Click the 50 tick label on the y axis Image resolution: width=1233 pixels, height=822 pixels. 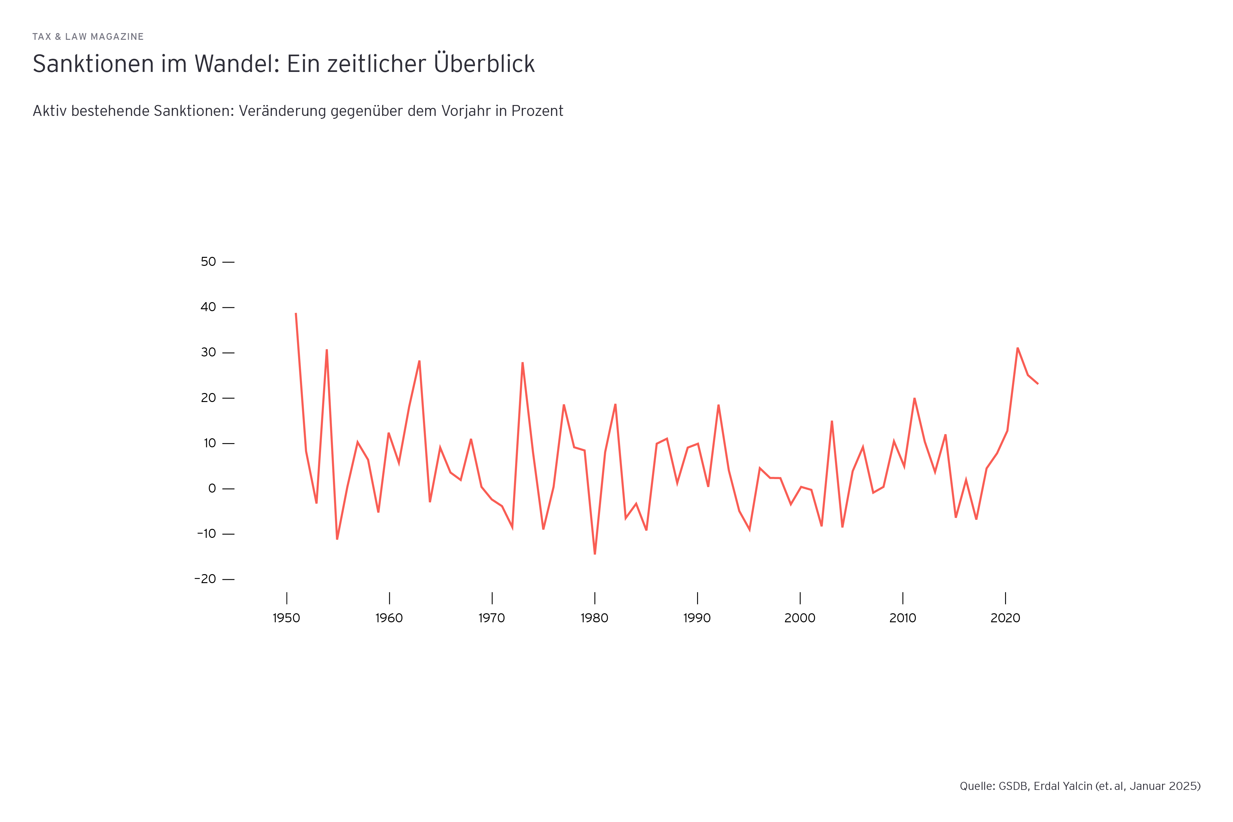coord(208,262)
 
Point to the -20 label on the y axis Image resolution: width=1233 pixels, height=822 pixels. coord(205,579)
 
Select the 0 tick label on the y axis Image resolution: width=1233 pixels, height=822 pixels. coord(212,489)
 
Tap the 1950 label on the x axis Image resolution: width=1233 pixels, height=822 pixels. coord(286,618)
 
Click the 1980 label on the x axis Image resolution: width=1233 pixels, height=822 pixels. coord(594,618)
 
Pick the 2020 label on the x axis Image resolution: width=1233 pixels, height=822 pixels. coord(1005,618)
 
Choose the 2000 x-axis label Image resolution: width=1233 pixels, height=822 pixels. coord(800,618)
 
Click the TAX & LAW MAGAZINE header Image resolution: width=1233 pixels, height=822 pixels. coord(88,37)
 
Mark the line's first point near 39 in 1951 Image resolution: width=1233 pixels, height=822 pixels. coord(296,313)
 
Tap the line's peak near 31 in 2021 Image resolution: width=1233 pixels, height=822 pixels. coord(1018,348)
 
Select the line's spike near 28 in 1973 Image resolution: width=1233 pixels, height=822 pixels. coord(523,363)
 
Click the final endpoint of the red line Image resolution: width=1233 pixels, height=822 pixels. coord(1037,384)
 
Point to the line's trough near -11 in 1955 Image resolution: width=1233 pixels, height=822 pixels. coord(337,539)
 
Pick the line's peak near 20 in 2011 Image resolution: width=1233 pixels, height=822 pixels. coord(914,398)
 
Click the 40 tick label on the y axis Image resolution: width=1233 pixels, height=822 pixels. coord(208,307)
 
